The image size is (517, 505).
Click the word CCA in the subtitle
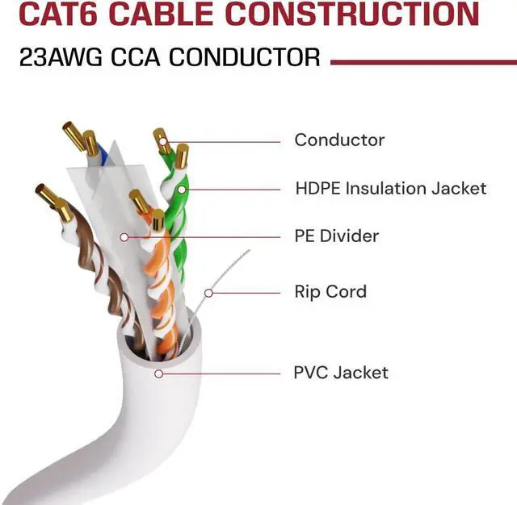[x=132, y=57]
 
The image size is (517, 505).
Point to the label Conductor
[x=339, y=140]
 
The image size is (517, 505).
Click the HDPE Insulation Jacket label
[x=391, y=189]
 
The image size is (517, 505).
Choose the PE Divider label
[x=336, y=236]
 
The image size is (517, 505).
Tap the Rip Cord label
[x=330, y=291]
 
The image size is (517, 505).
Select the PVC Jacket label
[x=341, y=373]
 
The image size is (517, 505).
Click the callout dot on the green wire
[x=182, y=190]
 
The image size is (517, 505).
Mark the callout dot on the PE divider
[x=124, y=237]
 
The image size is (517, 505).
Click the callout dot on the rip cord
[x=208, y=292]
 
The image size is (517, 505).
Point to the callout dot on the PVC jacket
[x=159, y=374]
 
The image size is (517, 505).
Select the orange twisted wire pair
[x=159, y=274]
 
